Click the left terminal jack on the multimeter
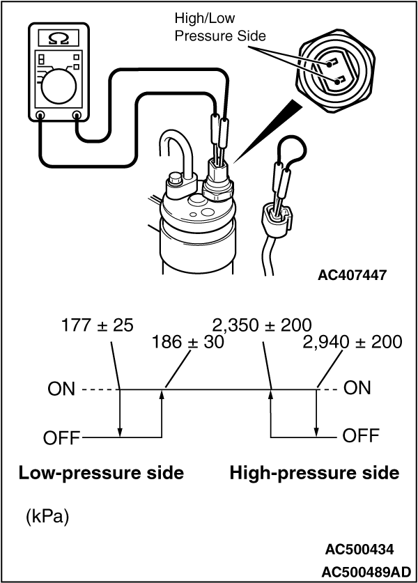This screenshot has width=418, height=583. (40, 116)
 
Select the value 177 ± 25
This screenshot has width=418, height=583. (97, 325)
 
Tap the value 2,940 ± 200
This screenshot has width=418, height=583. (353, 343)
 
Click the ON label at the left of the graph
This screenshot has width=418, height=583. (61, 389)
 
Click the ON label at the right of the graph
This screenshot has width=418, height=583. (357, 388)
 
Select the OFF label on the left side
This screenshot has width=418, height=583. (61, 439)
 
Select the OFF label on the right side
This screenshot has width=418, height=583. (361, 437)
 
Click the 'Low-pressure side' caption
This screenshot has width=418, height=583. (102, 474)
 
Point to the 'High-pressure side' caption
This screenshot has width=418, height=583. (314, 474)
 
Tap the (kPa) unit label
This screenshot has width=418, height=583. (47, 518)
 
